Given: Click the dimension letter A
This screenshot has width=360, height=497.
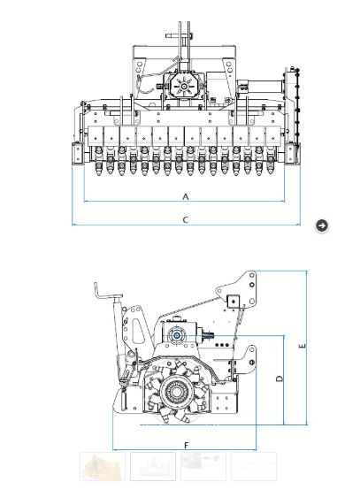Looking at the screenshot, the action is point(186,196).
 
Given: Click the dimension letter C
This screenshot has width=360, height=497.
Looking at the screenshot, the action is point(186,219).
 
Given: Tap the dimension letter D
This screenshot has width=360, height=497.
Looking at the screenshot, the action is point(280,378).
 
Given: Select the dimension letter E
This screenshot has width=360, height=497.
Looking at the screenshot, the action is point(303,346).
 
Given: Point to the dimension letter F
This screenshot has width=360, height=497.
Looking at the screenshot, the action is point(187,446).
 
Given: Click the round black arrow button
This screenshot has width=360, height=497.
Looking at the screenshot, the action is point(322,226).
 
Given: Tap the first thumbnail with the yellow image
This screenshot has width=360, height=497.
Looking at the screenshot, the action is point(103,466).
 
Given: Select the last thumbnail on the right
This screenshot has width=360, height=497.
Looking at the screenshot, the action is point(254,466).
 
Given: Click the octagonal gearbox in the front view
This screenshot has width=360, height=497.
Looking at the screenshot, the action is point(184,86).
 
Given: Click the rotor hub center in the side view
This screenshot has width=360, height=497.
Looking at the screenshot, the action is point(176,392).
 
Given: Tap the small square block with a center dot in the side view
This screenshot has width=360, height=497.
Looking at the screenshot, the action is point(234,302).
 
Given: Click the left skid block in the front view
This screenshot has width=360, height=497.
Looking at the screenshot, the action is point(78,153).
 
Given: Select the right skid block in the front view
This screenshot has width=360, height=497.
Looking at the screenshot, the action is point(292,153).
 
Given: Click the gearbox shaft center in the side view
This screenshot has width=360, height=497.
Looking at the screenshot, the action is point(176,335).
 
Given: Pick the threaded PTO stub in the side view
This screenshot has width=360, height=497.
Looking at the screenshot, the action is point(209,334).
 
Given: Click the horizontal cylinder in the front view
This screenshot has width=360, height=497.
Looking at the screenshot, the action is point(261,87).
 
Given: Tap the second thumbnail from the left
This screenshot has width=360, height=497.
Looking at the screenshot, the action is point(153,466).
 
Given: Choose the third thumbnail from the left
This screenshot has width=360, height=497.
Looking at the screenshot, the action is point(203,466).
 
